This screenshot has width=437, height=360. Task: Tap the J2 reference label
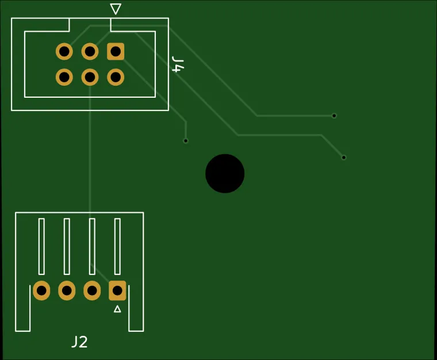click(79, 342)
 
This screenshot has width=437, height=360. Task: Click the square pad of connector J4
click(116, 52)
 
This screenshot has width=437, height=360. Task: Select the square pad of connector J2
click(117, 290)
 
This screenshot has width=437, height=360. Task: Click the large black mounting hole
click(225, 173)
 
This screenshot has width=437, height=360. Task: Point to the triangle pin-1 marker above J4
click(116, 9)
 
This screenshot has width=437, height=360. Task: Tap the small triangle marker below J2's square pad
click(117, 309)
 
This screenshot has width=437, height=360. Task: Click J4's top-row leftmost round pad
click(64, 52)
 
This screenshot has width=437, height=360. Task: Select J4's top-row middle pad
click(90, 52)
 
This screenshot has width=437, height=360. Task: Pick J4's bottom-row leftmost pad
click(64, 76)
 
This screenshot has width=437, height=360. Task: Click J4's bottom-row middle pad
click(90, 76)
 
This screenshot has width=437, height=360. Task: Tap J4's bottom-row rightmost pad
click(116, 76)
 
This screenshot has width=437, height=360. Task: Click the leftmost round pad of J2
click(41, 290)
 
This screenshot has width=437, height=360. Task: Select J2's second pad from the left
click(67, 290)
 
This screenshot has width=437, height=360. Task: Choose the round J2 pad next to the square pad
click(92, 290)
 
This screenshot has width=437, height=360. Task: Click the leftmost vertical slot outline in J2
click(41, 246)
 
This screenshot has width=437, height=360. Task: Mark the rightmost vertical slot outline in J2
click(117, 246)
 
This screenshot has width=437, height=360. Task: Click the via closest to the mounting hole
click(186, 141)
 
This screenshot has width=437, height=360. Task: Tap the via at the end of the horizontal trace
click(334, 116)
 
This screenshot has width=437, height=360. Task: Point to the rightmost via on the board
click(344, 157)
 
